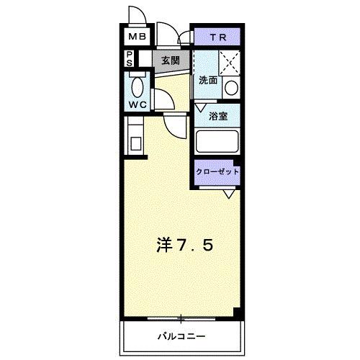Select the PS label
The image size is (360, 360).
[130, 58]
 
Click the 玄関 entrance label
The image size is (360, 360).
[170, 60]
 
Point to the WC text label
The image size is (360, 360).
[138, 104]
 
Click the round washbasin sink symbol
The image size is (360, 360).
[231, 89]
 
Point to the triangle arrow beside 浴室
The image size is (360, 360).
[200, 109]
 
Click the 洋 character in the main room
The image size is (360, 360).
[164, 245]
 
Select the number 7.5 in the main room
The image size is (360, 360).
[196, 245]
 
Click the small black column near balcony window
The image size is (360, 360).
[235, 311]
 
